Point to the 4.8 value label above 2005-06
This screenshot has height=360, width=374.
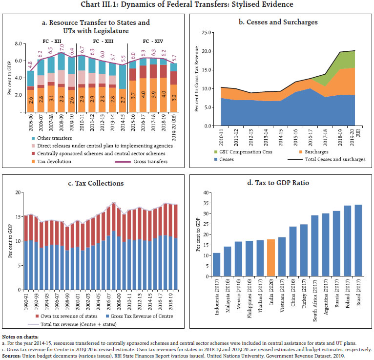pyautogui.click(x=30, y=64)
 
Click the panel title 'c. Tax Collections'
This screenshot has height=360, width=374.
pyautogui.click(x=93, y=183)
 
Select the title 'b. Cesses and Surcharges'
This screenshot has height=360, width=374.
pyautogui.click(x=281, y=22)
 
